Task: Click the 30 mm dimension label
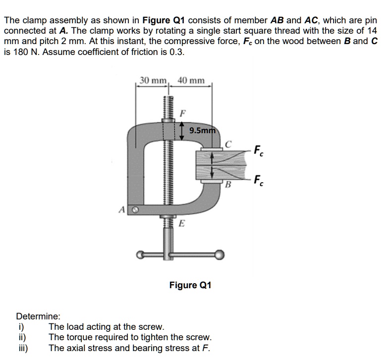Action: coord(153,81)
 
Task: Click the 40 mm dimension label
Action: coord(191,81)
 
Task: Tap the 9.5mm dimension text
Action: coord(202,131)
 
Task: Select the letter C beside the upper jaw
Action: coord(228,145)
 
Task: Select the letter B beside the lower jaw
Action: coord(228,186)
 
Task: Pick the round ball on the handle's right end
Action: coord(219,255)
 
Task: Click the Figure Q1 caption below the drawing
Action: coord(190,285)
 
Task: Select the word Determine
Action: coord(38,315)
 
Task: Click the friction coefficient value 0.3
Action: coord(176,51)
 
